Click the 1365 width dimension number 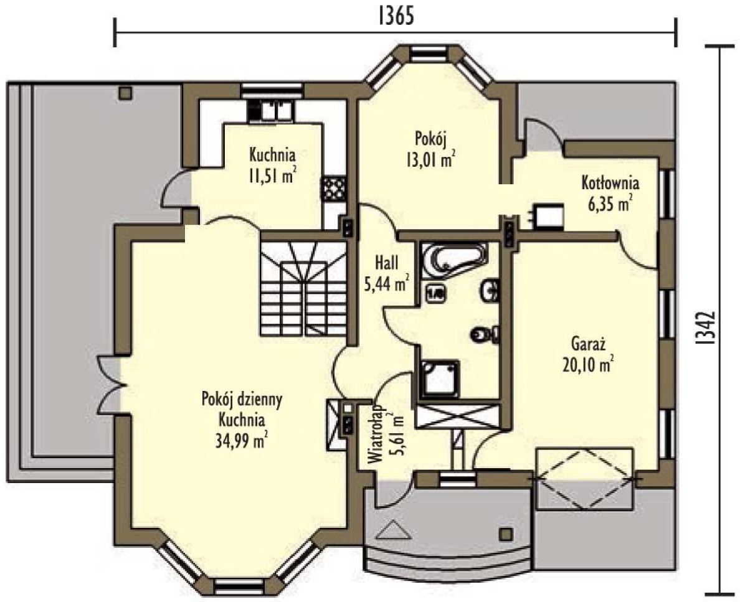[x=396, y=16]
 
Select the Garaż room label [x=587, y=344]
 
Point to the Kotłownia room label [x=610, y=182]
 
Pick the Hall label [x=387, y=263]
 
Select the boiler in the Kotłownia [x=548, y=217]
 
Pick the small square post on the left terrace [x=125, y=93]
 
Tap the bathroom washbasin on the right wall [x=490, y=290]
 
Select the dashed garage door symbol [x=584, y=478]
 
